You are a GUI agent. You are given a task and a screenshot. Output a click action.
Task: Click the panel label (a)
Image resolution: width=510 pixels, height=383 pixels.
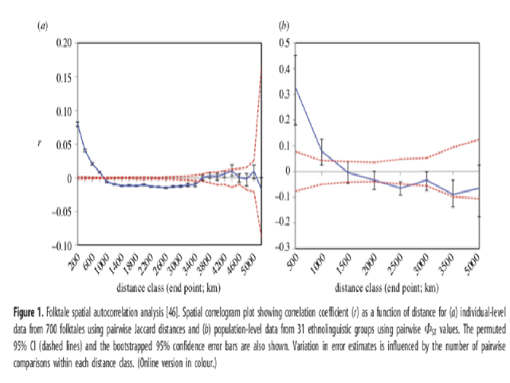coord(43,26)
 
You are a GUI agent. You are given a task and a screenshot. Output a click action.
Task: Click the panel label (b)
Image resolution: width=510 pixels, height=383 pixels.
coord(283,26)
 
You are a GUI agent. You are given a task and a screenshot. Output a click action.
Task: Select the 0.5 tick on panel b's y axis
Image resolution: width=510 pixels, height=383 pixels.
coord(282,42)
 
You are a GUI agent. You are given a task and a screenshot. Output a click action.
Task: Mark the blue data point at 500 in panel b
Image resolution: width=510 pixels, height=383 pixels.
coord(296,87)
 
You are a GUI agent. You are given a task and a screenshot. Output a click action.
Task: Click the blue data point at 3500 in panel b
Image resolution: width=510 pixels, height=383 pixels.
coord(453,195)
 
